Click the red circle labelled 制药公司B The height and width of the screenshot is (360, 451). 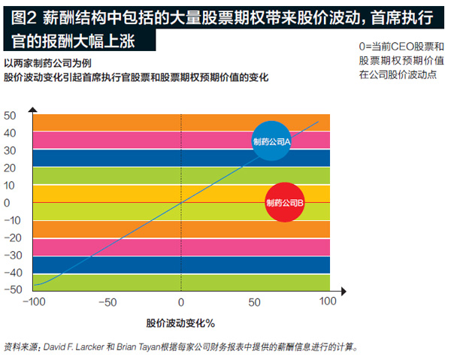point(285,202)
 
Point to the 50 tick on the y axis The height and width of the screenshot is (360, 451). point(10,116)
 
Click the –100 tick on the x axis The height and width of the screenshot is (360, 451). point(33,302)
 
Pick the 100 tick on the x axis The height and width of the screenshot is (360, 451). point(328,302)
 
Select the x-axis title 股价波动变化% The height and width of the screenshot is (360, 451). point(180,323)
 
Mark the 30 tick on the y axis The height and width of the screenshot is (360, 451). point(10,150)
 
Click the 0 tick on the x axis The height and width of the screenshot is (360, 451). point(180,302)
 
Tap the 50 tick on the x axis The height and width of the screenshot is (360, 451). point(255,302)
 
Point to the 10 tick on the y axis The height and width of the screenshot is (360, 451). point(10,185)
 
